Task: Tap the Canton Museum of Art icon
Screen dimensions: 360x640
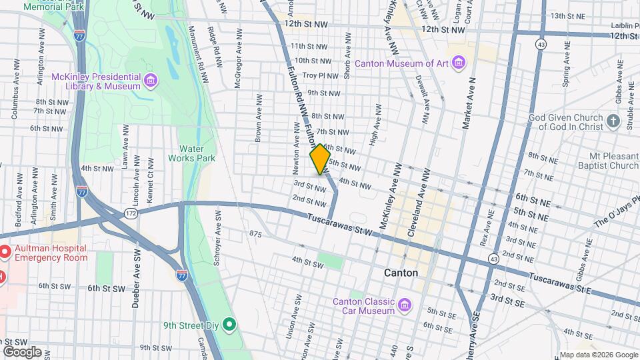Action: point(458,63)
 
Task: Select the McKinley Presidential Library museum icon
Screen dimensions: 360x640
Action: point(151,81)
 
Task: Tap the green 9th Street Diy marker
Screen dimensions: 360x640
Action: point(230,326)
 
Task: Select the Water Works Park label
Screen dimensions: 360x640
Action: point(197,153)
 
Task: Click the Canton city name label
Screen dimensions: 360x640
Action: point(401,273)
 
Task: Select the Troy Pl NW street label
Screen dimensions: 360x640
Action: point(313,76)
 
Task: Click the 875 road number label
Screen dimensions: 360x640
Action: point(255,234)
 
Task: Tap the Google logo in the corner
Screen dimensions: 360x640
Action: point(22,351)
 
